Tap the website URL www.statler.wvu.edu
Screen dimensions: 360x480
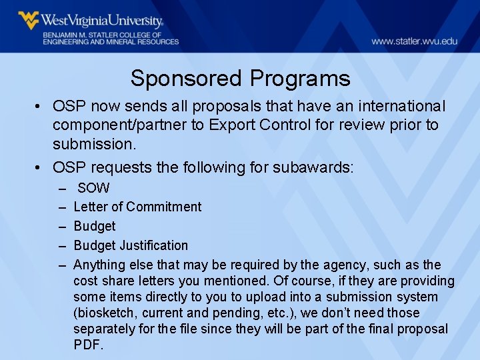[x=414, y=41]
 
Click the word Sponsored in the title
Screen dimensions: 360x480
[x=187, y=79]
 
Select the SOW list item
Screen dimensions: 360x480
[x=93, y=189]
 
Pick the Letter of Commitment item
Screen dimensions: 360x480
[x=137, y=207]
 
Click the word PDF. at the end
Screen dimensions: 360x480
[x=89, y=345]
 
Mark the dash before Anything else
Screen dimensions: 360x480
[x=62, y=265]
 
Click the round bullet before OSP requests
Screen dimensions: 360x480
[x=41, y=167]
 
